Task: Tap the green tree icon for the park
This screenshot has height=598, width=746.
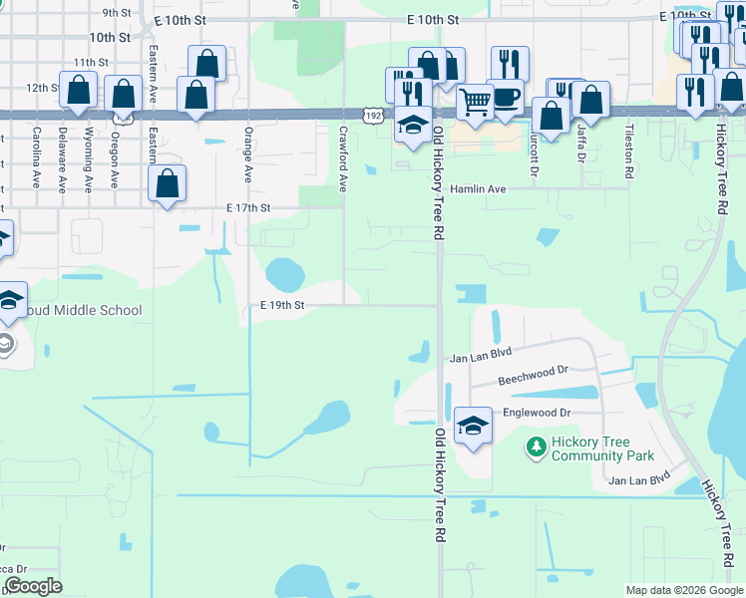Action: tap(537, 448)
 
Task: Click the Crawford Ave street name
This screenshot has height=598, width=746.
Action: tap(342, 158)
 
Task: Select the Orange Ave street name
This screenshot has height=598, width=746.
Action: tap(247, 155)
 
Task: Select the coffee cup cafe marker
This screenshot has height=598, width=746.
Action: tap(505, 96)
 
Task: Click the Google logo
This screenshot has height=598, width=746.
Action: tap(33, 586)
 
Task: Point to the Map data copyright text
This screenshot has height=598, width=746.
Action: tap(683, 590)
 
